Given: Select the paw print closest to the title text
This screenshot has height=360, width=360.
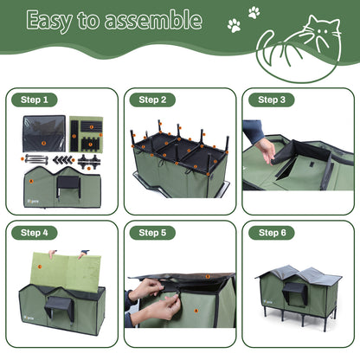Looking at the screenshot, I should click(234, 26).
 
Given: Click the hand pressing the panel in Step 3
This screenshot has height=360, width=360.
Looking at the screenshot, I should click(264, 149).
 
